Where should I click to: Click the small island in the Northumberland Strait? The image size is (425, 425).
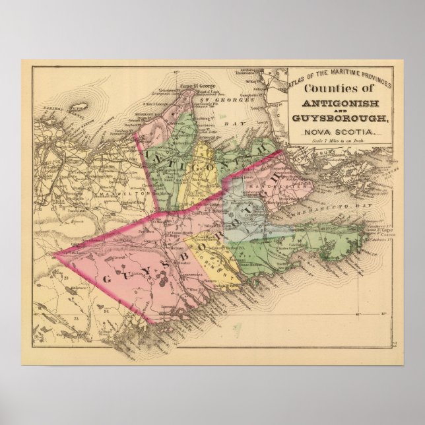tap(81, 106)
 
